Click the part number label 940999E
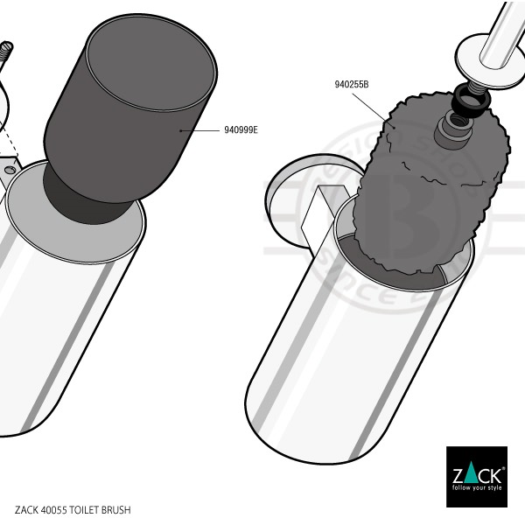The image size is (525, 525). pos(241,129)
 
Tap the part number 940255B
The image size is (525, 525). pos(351,85)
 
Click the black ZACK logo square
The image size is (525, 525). pos(476,476)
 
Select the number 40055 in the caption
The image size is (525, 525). pos(53,509)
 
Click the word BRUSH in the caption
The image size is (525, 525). pos(120,509)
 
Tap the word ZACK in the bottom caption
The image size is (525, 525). pos(26,509)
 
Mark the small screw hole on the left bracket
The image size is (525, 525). pos(11,166)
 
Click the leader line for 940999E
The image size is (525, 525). pos(199,130)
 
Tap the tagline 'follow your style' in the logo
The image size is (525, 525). pos(476,489)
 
